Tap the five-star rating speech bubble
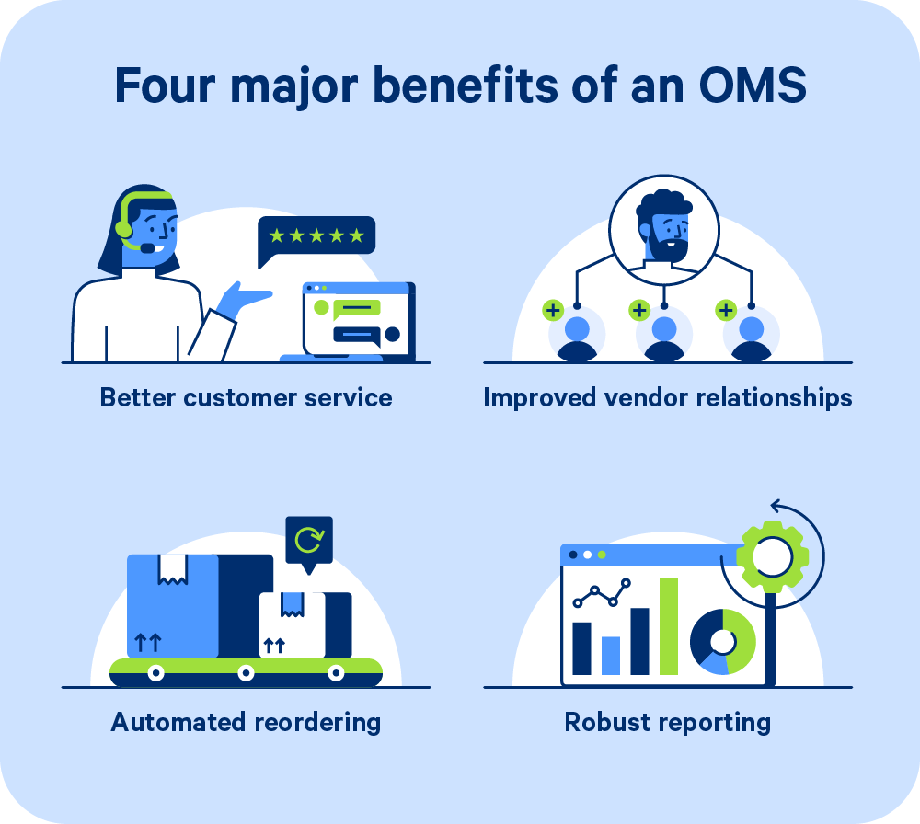(x=316, y=236)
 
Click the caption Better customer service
(x=246, y=397)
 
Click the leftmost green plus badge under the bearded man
(x=553, y=311)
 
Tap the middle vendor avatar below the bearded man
(x=664, y=337)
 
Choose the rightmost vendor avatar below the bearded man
(x=751, y=337)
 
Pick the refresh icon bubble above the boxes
(x=308, y=541)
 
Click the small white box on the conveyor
(x=292, y=624)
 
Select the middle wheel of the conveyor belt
(x=246, y=673)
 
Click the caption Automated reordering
(x=246, y=722)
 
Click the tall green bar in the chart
(x=669, y=625)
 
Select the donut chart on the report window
(x=723, y=641)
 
